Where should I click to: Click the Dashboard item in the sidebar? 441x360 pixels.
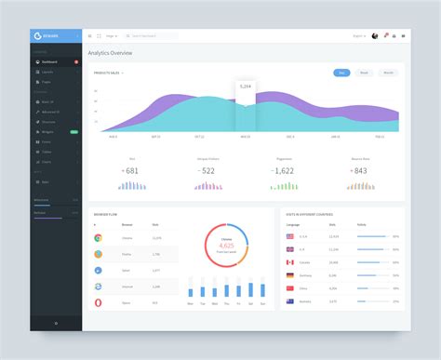[49, 61]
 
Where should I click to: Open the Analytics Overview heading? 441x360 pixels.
[111, 53]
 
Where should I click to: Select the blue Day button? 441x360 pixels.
[341, 72]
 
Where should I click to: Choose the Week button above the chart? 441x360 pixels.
[365, 72]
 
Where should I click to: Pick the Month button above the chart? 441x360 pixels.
[388, 72]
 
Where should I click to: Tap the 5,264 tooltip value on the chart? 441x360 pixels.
[246, 86]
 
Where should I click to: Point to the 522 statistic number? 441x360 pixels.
[207, 170]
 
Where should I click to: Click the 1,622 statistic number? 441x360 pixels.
[284, 170]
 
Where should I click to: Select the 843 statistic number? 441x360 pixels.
[359, 170]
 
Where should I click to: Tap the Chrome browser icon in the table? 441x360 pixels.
[98, 238]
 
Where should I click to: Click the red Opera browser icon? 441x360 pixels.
[98, 302]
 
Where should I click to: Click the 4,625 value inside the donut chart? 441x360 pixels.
[226, 245]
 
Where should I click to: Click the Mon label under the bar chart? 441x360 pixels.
[191, 304]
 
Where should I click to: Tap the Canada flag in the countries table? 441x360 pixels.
[290, 262]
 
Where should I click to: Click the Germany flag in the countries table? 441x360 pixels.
[290, 275]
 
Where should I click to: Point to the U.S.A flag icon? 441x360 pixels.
[290, 236]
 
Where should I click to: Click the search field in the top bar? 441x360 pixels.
[154, 35]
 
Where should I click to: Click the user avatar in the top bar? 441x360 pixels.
[374, 35]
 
